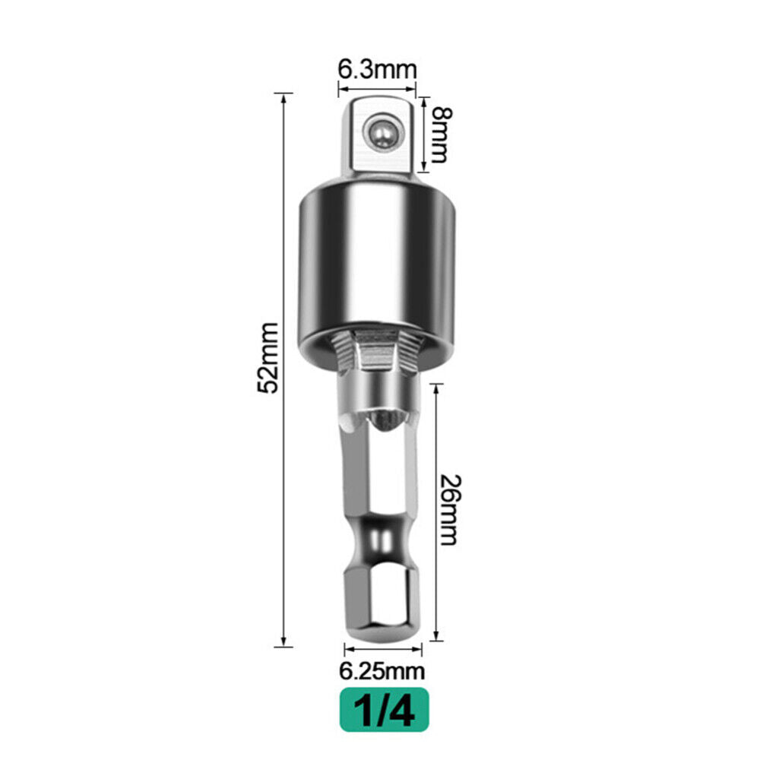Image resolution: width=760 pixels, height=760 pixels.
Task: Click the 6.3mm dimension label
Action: [x=378, y=69]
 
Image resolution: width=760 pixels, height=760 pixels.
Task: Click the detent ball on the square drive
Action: [x=379, y=132]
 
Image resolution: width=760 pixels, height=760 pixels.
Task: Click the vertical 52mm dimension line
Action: [x=284, y=456]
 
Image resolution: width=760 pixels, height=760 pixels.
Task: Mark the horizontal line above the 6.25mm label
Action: [x=383, y=649]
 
